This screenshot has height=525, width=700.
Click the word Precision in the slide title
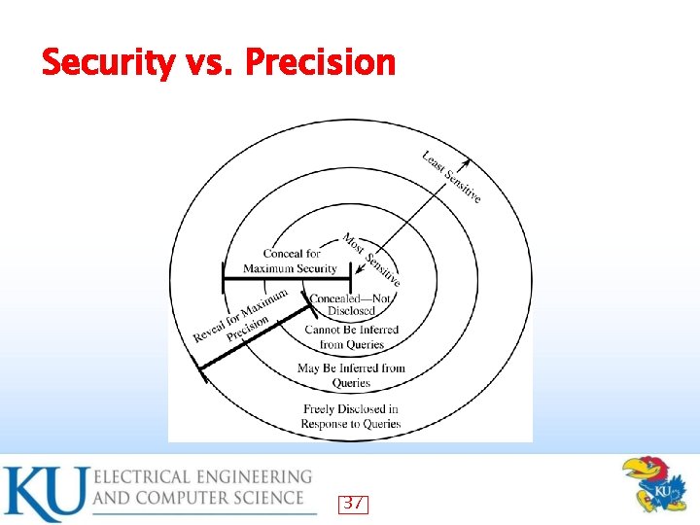[321, 62]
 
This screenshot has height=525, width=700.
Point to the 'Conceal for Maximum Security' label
[290, 261]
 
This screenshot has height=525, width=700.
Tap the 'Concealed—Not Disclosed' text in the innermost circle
[351, 305]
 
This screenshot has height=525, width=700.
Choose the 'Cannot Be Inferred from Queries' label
[351, 336]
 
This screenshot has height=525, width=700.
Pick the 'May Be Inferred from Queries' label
[351, 375]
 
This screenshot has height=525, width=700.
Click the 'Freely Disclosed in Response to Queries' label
[351, 416]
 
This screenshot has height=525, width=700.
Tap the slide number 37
[354, 504]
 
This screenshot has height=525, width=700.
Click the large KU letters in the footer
[44, 494]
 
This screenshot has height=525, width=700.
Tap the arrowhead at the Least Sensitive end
[467, 163]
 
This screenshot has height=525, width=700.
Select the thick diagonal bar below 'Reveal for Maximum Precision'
[253, 334]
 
